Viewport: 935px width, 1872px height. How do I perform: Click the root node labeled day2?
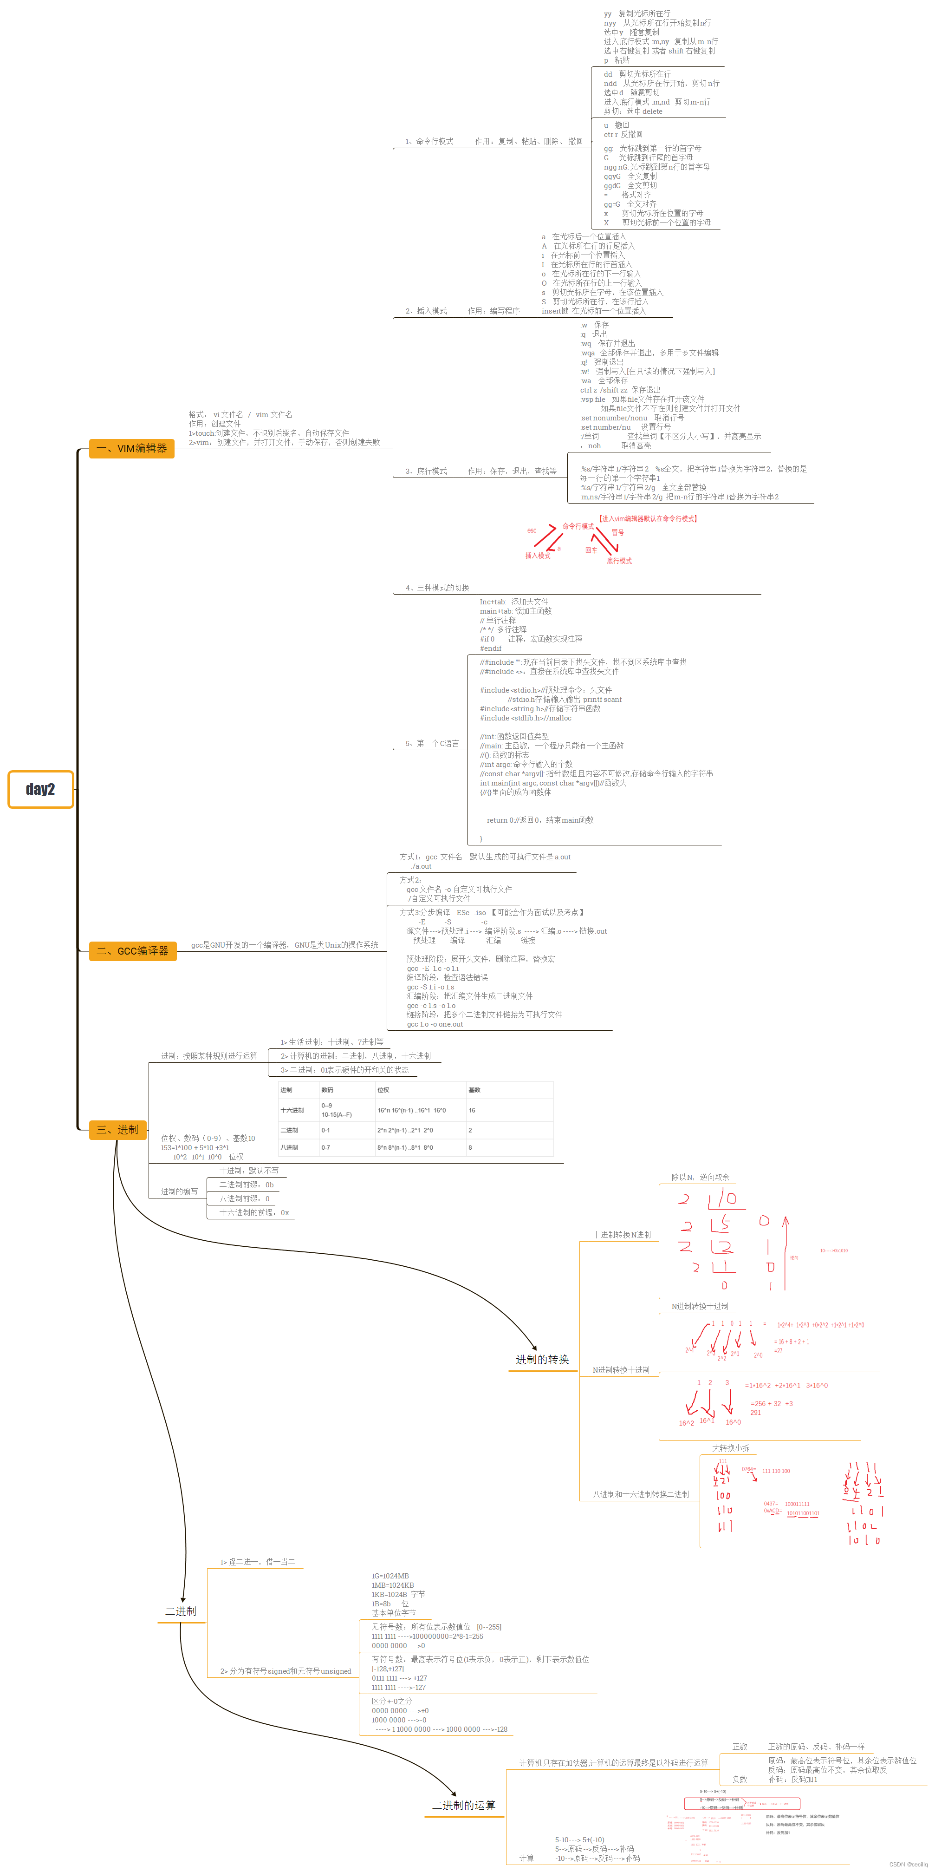[x=41, y=789]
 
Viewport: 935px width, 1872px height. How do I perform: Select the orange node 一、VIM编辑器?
[x=131, y=448]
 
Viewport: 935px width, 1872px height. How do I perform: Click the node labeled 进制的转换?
[x=542, y=1360]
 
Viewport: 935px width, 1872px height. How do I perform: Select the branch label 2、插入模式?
[x=427, y=311]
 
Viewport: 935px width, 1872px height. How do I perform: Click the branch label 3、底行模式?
[x=427, y=471]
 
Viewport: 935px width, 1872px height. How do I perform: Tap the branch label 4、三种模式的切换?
[x=437, y=588]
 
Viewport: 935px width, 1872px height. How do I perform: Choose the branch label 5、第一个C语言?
[x=432, y=743]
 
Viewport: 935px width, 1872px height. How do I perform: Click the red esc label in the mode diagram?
[x=532, y=530]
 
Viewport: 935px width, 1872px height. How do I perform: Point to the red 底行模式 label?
[x=619, y=561]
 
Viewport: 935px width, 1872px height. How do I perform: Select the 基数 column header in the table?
[x=474, y=1090]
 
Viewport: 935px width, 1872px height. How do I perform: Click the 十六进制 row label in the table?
[x=292, y=1110]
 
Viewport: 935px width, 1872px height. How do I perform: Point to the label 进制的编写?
[x=179, y=1192]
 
